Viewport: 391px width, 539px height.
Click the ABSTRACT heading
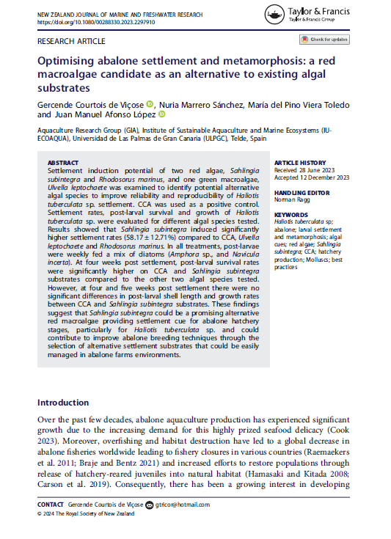[62, 163]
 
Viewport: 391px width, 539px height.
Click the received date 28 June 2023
[321, 170]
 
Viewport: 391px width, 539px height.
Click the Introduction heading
[63, 403]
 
